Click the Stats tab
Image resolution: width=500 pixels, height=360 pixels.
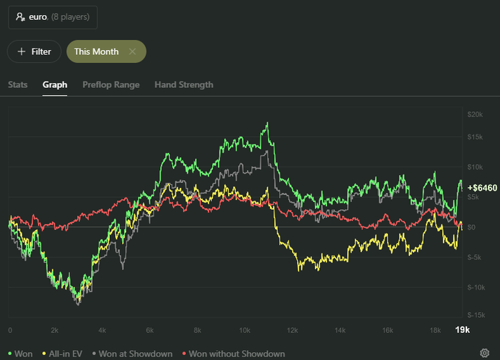18,84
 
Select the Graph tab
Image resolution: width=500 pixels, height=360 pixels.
55,84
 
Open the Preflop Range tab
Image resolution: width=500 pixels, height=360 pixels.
111,84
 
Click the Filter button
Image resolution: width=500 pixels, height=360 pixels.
34,51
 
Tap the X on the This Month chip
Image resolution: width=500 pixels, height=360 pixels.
132,51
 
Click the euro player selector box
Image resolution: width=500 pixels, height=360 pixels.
53,16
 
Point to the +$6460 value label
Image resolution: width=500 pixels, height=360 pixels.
482,186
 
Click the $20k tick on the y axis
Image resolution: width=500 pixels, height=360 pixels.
475,114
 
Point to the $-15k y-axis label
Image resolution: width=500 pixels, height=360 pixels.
475,314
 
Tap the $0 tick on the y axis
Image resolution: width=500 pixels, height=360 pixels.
471,226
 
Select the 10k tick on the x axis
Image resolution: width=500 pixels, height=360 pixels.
244,330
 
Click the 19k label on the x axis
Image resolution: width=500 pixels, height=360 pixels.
462,330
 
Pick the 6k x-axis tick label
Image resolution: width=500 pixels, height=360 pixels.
150,330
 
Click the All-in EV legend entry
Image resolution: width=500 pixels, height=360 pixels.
64,354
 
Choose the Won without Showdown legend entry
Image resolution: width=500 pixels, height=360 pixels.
233,354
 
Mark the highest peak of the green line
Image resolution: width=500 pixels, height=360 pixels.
268,123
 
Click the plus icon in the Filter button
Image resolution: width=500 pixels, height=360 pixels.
21,51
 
